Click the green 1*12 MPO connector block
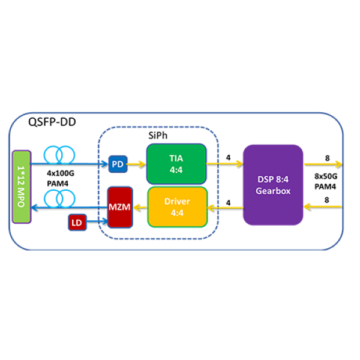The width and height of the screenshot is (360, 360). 21,186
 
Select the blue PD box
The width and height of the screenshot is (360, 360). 118,164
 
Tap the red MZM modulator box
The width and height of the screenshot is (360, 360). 119,207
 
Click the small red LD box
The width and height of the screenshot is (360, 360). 76,223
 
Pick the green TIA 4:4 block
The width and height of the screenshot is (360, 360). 176,163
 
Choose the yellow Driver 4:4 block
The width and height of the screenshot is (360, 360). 177,207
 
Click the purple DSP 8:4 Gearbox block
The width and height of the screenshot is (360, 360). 273,185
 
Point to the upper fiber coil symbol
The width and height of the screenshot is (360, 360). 59,155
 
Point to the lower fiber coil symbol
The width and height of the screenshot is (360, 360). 59,197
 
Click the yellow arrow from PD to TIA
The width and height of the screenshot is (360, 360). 136,164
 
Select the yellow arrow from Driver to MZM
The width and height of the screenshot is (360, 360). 140,207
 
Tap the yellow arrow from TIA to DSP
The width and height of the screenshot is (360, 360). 224,163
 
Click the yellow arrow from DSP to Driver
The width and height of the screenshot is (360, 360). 225,207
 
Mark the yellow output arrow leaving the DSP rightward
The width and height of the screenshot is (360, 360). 323,164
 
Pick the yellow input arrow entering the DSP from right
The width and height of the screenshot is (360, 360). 323,206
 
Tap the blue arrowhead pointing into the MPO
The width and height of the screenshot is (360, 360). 34,207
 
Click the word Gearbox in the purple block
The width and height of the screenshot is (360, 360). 273,192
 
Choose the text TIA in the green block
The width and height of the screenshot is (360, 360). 176,158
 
